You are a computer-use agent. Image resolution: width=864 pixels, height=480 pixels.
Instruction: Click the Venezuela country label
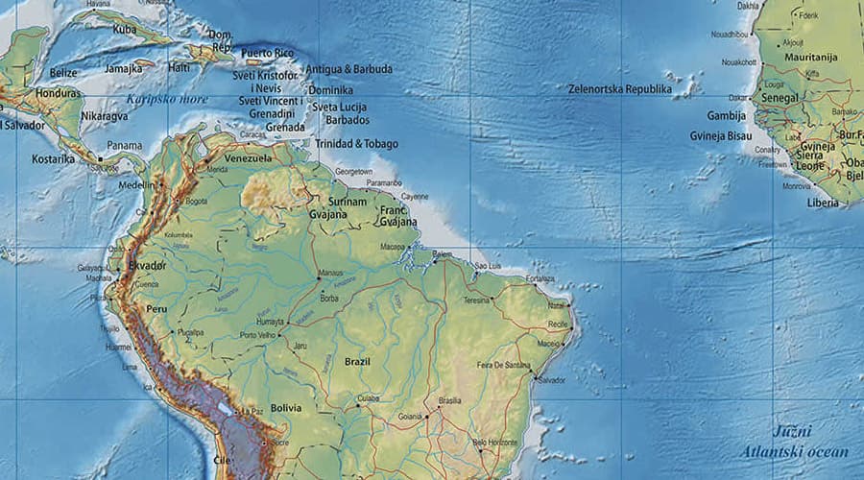pos(249,158)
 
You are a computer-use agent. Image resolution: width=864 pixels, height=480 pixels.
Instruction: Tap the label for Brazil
pos(358,362)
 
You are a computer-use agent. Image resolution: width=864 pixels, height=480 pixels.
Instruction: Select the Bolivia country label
pos(285,408)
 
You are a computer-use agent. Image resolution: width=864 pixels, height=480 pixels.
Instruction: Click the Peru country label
pos(156,309)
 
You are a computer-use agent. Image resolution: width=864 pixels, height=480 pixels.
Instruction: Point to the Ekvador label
pos(148,265)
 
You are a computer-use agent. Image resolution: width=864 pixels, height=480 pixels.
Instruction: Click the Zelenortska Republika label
pos(619,89)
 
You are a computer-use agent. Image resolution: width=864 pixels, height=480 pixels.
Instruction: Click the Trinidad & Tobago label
pos(356,144)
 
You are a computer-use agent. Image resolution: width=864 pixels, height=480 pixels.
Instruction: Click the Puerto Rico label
pos(266,53)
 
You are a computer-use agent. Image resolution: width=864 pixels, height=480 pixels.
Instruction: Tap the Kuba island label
pos(125,30)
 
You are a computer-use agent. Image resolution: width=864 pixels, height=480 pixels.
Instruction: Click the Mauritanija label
pos(811,58)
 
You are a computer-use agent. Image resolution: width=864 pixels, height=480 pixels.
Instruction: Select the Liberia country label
pos(822,203)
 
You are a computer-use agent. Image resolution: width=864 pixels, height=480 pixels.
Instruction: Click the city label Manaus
pos(330,273)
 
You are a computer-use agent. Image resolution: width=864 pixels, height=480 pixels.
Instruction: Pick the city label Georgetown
pos(353,170)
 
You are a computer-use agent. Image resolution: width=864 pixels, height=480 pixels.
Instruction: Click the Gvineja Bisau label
pos(720,136)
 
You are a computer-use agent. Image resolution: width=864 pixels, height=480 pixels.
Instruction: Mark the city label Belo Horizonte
pos(493,443)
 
